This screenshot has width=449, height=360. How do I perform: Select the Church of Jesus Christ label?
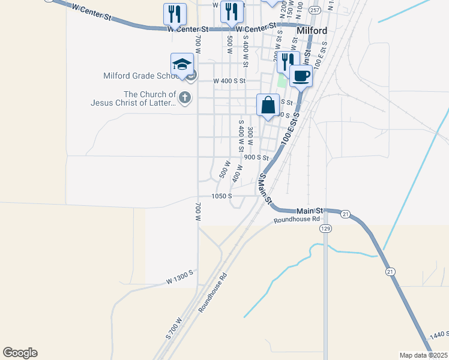pyautogui.click(x=133, y=98)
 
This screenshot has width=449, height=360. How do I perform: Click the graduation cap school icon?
pyautogui.click(x=182, y=65)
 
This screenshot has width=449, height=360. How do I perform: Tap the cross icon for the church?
pyautogui.click(x=185, y=97)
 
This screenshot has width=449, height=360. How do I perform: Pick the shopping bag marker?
pyautogui.click(x=268, y=105)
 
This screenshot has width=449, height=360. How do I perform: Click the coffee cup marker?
pyautogui.click(x=301, y=76)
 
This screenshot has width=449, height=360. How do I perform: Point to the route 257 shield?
pyautogui.click(x=315, y=10)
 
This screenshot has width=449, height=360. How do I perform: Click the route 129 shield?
pyautogui.click(x=326, y=229)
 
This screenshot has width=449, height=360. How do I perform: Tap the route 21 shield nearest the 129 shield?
pyautogui.click(x=345, y=214)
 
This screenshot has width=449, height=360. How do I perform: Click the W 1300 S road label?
pyautogui.click(x=180, y=276)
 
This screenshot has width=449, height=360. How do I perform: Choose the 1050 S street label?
pyautogui.click(x=221, y=196)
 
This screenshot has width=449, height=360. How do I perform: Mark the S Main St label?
pyautogui.click(x=265, y=187)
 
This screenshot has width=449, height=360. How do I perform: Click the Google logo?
pyautogui.click(x=20, y=353)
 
